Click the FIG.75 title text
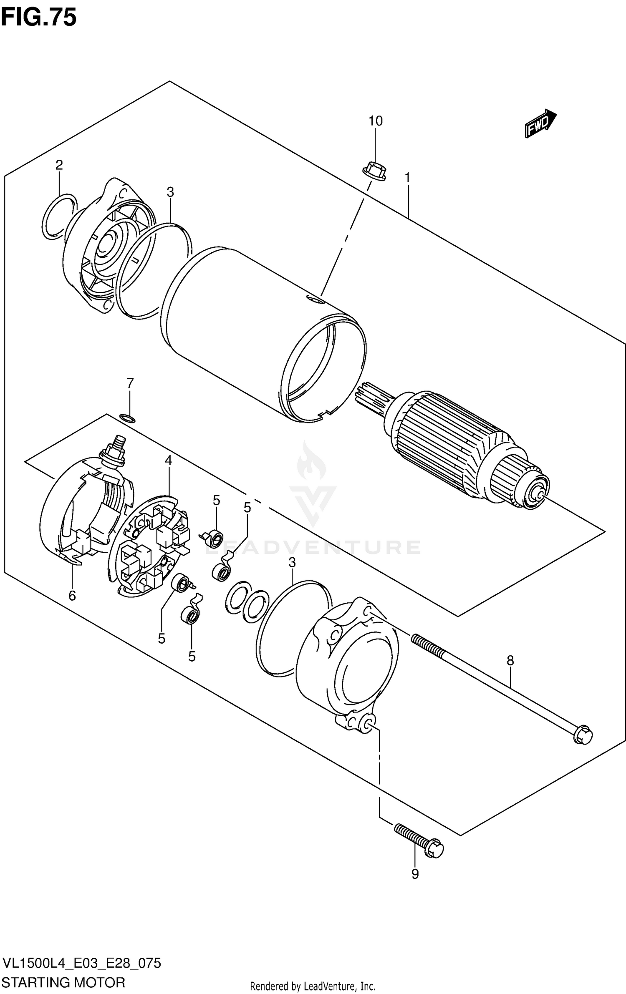(x=38, y=18)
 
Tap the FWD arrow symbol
(x=540, y=123)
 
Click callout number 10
(x=375, y=121)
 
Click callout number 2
(x=59, y=165)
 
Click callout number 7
(x=130, y=383)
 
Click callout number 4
(x=168, y=461)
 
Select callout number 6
(x=72, y=596)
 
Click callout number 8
(x=510, y=661)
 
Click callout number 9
(x=415, y=874)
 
